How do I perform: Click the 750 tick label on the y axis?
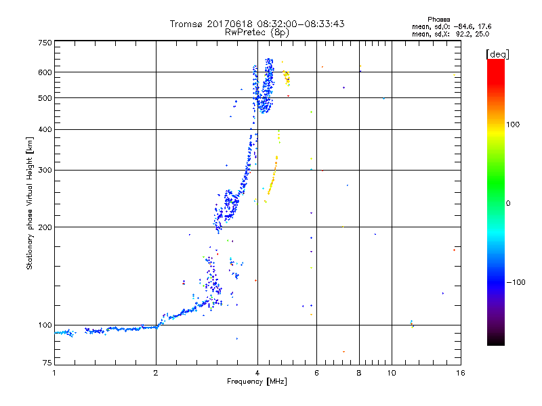click(45, 42)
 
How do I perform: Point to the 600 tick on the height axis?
click(45, 72)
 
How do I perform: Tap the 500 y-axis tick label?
click(45, 97)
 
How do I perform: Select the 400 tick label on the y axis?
click(45, 129)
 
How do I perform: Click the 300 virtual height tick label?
click(45, 170)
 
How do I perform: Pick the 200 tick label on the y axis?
click(45, 227)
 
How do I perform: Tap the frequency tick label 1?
click(54, 373)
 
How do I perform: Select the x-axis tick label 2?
click(156, 373)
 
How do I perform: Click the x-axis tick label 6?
click(316, 373)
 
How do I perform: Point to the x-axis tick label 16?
click(459, 373)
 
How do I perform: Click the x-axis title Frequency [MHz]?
click(257, 382)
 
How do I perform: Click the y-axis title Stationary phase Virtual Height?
click(30, 203)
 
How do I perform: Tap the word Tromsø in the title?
click(186, 24)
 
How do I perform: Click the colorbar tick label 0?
click(508, 203)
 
